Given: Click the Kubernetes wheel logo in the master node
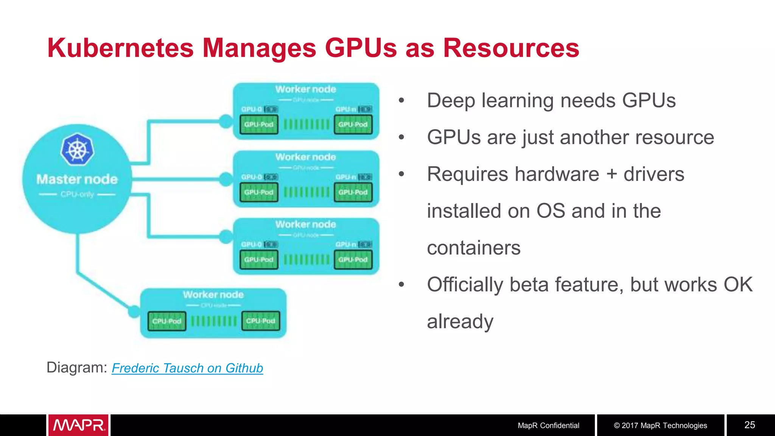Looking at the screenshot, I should [x=77, y=149].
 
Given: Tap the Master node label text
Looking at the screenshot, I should [x=77, y=179].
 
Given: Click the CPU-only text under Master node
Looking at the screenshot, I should [x=77, y=195].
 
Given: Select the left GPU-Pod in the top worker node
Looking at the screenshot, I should [x=259, y=125].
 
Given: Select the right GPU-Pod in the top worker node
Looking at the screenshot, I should [x=353, y=125].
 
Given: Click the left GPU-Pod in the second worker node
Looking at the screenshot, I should [x=259, y=192].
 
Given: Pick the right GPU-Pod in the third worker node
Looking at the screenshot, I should [x=353, y=260].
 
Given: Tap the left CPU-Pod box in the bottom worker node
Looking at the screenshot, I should [x=167, y=321].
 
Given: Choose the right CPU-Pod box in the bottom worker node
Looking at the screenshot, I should [x=261, y=321].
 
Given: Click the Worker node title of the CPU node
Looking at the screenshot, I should [x=213, y=294].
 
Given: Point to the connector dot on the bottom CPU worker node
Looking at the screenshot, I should [x=134, y=311].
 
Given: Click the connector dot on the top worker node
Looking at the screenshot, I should [x=226, y=121].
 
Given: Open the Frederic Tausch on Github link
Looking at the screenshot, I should [x=187, y=368].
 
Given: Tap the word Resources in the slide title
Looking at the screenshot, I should [x=511, y=48].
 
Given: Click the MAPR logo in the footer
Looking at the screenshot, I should [x=78, y=425].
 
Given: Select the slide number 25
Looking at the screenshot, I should [x=749, y=425].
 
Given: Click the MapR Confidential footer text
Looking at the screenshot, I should [x=548, y=425].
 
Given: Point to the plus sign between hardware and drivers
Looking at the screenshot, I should [x=612, y=174].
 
